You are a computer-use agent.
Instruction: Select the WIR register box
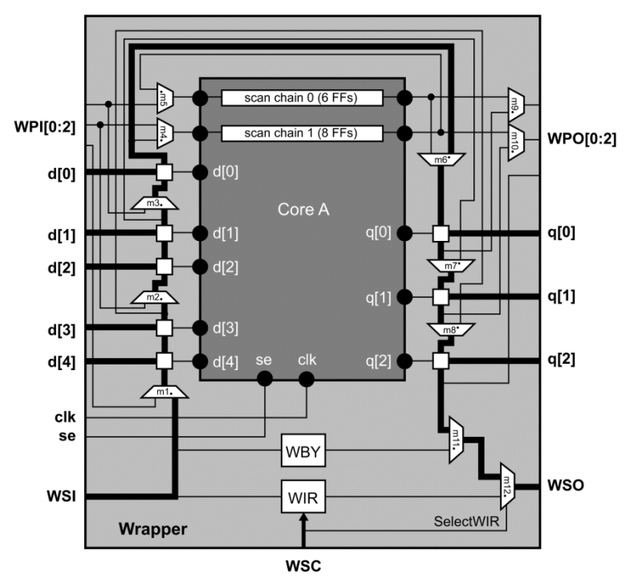tap(302, 498)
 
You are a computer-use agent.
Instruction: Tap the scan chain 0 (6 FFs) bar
tap(301, 98)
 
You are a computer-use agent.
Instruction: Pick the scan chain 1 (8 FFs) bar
tap(301, 132)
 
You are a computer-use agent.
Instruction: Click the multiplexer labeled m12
tap(508, 486)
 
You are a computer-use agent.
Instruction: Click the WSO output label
tap(566, 486)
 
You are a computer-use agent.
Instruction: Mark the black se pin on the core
tap(265, 378)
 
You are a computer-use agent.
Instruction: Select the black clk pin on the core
tap(306, 378)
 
